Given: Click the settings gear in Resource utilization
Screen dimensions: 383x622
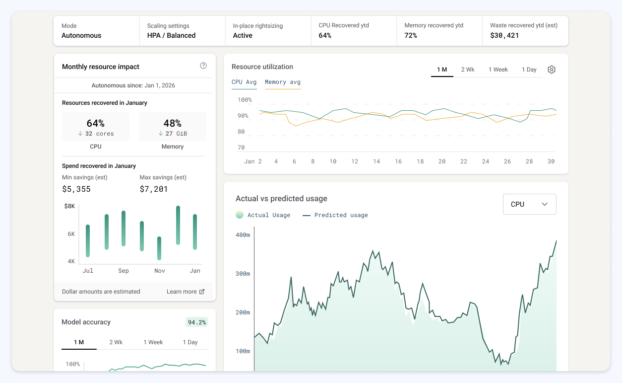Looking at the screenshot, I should coord(552,70).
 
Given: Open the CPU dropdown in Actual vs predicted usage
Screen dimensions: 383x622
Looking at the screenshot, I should coord(529,204).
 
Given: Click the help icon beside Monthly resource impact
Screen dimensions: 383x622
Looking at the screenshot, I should coord(203,66).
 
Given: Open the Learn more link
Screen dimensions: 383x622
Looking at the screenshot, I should coord(186,292).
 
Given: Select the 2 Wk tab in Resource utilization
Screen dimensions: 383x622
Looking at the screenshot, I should coord(468,70).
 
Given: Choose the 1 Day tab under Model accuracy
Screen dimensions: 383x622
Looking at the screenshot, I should coord(190,342).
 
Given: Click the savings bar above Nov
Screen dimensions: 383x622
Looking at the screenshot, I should coord(159,248).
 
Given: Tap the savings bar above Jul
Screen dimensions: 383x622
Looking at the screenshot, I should coord(88,240).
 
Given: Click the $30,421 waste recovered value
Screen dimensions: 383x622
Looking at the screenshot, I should coord(504,35).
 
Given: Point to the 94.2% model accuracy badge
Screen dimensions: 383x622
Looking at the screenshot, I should coord(196,322).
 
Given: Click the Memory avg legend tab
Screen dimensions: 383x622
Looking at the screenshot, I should coord(283,82).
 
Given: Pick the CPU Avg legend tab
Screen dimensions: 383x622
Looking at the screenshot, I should coord(244,82).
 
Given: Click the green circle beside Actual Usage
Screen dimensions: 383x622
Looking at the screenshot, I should coord(240,215).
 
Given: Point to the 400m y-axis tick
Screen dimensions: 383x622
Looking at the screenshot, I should coord(243,235).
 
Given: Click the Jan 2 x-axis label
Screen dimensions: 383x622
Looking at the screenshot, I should coord(252,161).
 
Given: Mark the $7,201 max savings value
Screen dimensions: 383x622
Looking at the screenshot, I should coord(154,189).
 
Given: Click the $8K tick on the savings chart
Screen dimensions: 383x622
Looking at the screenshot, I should coord(69,206).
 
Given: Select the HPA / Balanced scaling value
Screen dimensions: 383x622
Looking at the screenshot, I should coord(171,35).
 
